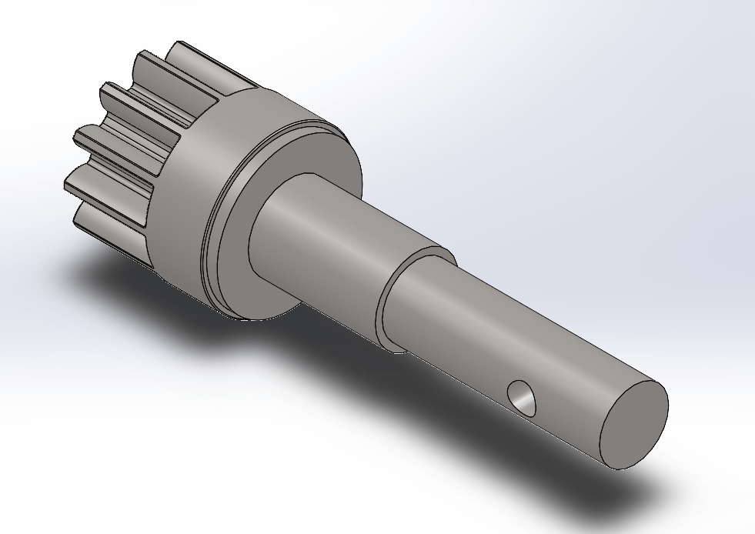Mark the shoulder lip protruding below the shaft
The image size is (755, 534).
click(393, 346)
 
